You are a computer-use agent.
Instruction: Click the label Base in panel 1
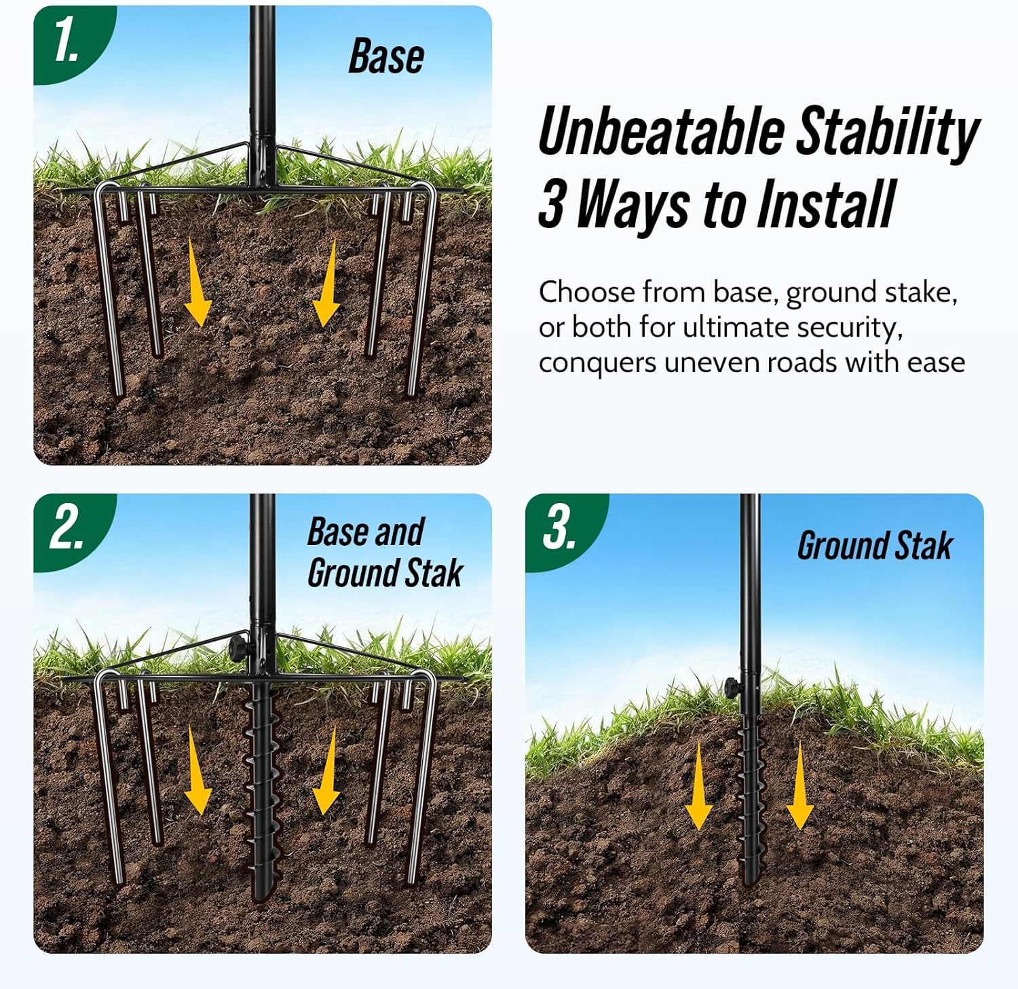click(x=386, y=56)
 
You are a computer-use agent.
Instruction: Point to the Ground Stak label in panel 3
click(x=875, y=546)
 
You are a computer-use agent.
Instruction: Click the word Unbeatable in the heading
click(x=661, y=131)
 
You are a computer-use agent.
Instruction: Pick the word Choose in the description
click(x=588, y=292)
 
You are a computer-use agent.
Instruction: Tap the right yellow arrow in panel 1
click(x=327, y=283)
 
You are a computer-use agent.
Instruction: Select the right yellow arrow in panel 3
click(x=799, y=786)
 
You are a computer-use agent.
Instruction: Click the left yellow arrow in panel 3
click(x=698, y=786)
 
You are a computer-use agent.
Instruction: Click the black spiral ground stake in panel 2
click(x=261, y=787)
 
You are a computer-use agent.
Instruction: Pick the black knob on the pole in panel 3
click(x=732, y=687)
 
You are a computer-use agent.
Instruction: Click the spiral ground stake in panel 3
click(x=751, y=801)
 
